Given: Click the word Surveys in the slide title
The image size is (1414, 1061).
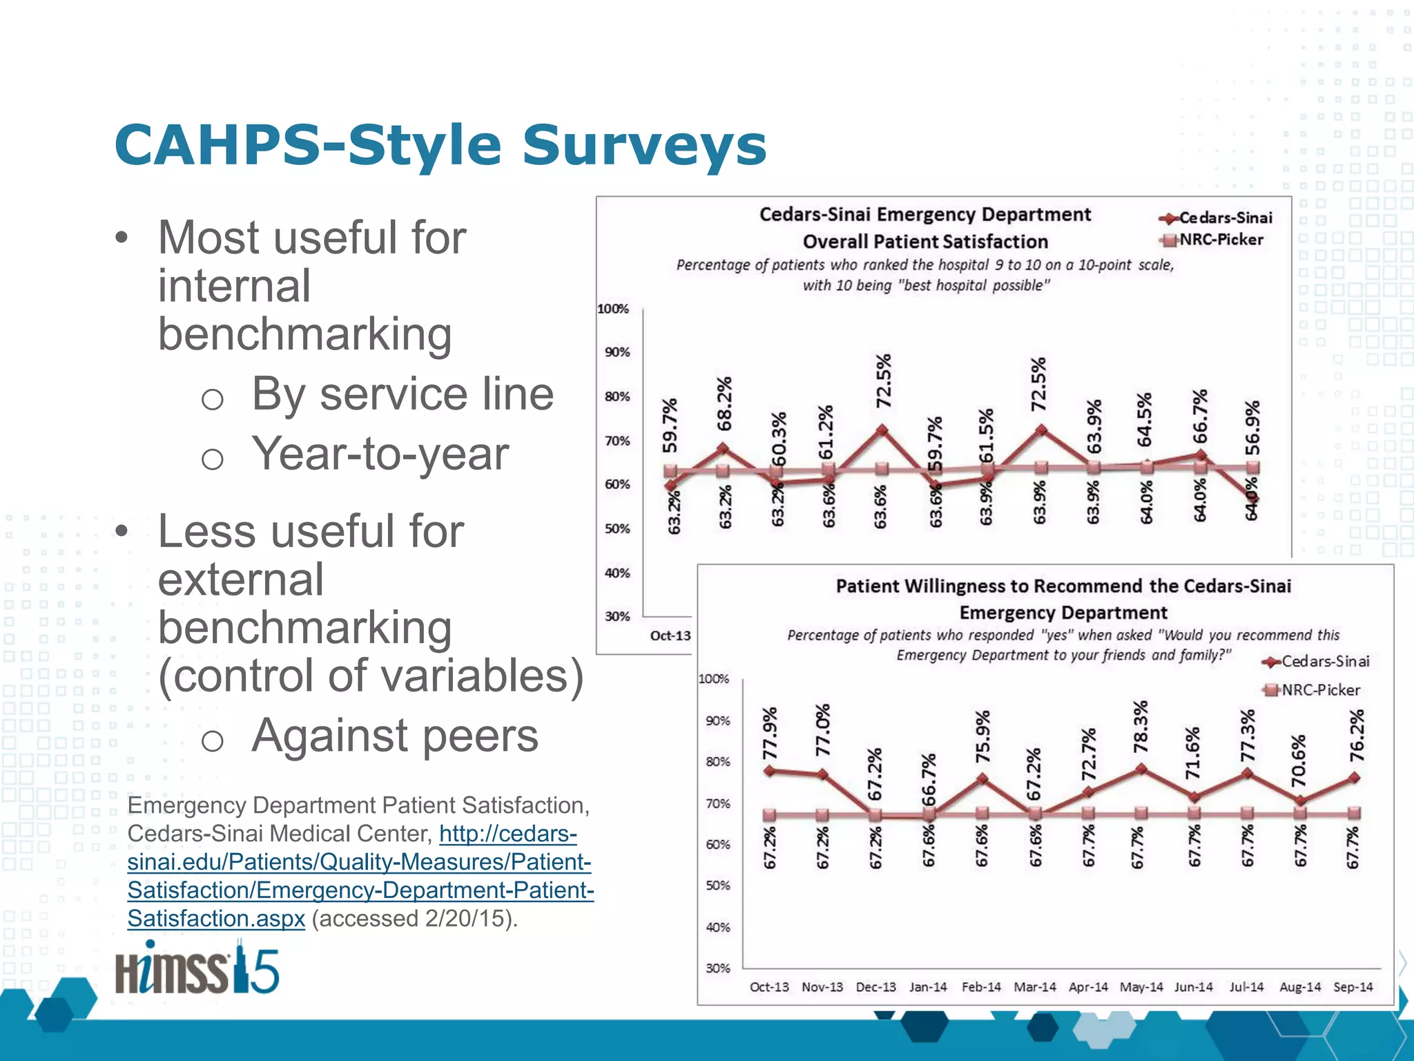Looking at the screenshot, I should (643, 146).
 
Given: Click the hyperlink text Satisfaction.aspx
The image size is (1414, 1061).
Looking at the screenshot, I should (216, 919).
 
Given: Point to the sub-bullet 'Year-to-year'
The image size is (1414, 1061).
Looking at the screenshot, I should (380, 454).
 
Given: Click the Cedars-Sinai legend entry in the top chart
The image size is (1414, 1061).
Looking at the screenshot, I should (1217, 218).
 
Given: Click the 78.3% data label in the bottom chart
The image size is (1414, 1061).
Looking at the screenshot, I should (1141, 726).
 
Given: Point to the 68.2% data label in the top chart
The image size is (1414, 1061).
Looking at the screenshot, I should (724, 403).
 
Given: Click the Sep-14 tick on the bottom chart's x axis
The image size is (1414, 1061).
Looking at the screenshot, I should (1353, 987).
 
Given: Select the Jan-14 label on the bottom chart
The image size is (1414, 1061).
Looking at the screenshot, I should (928, 987).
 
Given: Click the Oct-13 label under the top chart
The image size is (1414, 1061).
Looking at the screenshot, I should (670, 635).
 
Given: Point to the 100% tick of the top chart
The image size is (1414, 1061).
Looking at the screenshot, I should (613, 309).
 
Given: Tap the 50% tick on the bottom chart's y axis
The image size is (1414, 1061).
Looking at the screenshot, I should (717, 886).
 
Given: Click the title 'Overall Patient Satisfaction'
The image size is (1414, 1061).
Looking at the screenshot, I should (925, 242).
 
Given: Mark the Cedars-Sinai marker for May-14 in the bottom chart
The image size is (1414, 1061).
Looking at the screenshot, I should (1141, 768).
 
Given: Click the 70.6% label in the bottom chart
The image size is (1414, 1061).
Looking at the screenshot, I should (1299, 761).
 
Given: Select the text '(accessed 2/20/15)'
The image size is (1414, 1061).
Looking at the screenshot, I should (414, 919).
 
